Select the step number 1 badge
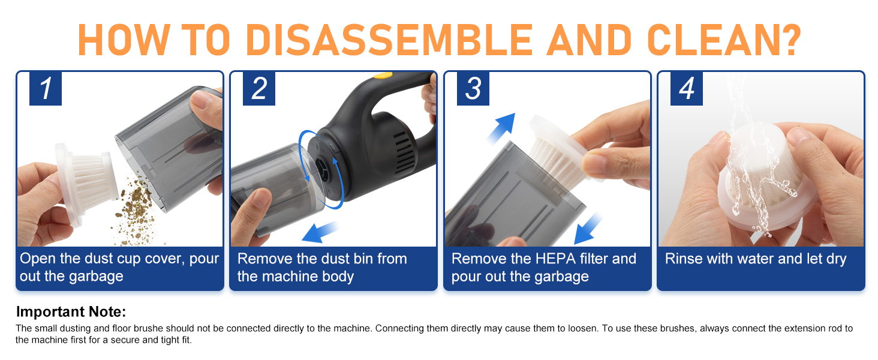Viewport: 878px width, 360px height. (x=46, y=89)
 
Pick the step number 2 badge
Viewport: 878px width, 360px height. (x=259, y=89)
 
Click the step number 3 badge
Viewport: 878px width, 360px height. (x=473, y=89)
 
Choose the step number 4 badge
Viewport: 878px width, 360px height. (x=687, y=89)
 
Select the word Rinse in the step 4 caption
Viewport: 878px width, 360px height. (x=683, y=259)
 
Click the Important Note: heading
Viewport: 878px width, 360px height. (x=71, y=312)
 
